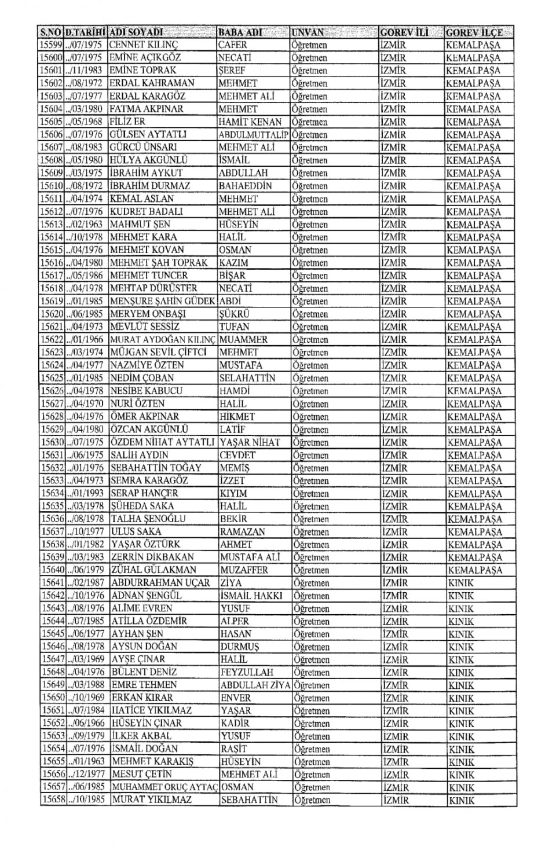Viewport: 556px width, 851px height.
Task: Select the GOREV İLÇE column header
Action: point(474,32)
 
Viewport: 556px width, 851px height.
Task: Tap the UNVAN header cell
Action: point(309,32)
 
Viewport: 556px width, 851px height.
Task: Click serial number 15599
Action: point(50,45)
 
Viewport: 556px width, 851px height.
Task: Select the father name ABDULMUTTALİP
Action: point(254,134)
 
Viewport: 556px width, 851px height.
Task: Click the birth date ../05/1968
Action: point(85,122)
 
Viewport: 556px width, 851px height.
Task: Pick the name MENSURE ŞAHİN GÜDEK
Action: point(163,301)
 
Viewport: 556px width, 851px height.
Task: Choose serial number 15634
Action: point(51,493)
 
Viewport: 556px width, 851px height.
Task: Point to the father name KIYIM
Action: point(233,493)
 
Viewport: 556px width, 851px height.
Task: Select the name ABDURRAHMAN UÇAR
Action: point(160,582)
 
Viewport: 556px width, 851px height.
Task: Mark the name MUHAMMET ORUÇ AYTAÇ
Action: point(164,787)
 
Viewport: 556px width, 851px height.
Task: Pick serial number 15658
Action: point(52,799)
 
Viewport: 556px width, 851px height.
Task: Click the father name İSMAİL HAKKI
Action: point(251,595)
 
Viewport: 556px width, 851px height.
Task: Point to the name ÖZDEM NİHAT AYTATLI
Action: point(163,442)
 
